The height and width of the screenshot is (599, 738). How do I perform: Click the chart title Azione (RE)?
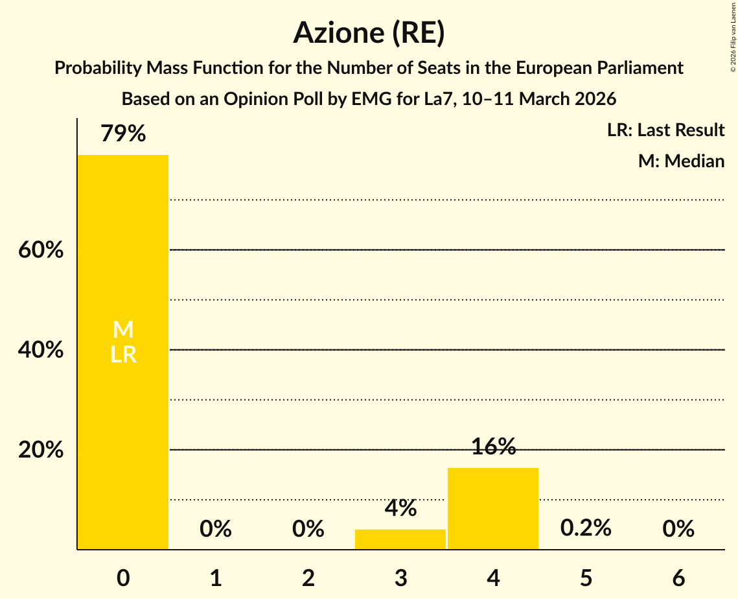(369, 33)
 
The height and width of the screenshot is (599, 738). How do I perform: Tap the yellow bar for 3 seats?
(400, 539)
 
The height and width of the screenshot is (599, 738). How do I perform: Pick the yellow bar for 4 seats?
(493, 508)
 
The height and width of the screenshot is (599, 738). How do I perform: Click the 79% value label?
(123, 134)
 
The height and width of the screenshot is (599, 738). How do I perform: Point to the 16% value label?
(493, 447)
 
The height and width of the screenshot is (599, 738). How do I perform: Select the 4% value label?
(400, 508)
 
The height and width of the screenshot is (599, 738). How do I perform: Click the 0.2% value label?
(586, 528)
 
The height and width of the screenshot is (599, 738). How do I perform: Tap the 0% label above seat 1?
(216, 529)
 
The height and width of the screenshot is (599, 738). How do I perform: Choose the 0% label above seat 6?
(678, 529)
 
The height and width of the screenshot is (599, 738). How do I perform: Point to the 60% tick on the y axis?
(41, 250)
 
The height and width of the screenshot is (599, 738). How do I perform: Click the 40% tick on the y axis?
(41, 350)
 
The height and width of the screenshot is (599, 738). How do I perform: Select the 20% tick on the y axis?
(41, 450)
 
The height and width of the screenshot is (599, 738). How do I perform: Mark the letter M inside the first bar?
(123, 330)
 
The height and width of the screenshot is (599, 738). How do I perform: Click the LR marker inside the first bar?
(123, 355)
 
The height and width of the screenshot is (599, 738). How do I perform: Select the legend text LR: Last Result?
(665, 130)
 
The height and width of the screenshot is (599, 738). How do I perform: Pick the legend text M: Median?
(681, 161)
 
